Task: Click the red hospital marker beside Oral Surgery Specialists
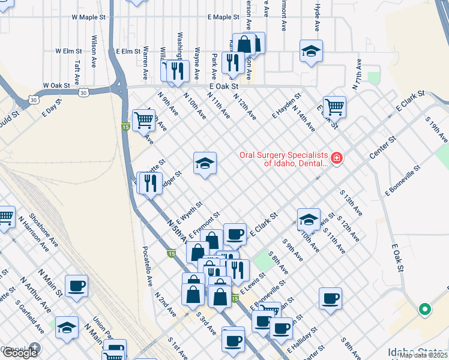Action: pos(336,158)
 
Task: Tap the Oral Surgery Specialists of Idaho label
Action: pos(284,158)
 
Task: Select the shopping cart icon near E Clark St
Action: pos(334,107)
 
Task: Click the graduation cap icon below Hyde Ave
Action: pos(311,52)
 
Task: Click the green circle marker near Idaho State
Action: pos(424,310)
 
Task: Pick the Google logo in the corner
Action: pos(20,352)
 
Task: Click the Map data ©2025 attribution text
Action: pos(423,355)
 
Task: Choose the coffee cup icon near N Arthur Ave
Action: pos(76,286)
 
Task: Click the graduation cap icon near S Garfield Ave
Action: pos(67,328)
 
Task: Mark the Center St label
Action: pos(384,148)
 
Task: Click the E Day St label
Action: pos(52,108)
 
